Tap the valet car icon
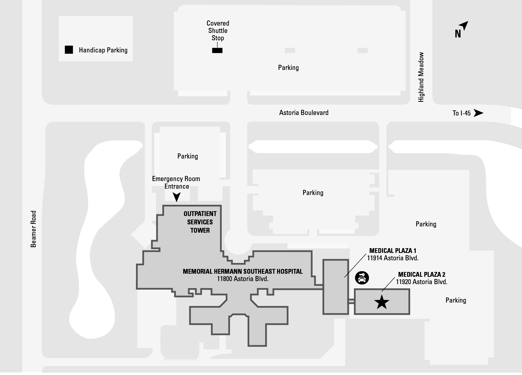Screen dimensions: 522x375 coord(362,278)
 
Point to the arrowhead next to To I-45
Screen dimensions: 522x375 coord(478,113)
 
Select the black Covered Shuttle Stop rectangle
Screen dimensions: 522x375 coord(217,51)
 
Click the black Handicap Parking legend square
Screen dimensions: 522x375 coord(69,50)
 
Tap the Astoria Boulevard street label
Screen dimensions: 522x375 coord(304,113)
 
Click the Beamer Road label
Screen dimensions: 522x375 coord(33,229)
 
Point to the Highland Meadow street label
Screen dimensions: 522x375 coord(421,77)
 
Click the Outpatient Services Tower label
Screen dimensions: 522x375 coord(200,222)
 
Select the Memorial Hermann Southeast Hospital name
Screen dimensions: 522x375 coord(243,271)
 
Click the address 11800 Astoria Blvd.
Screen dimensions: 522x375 coord(243,279)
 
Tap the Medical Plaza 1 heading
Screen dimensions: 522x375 coord(393,251)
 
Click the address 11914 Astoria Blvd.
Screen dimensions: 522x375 coord(393,258)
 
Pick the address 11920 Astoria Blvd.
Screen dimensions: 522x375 coord(422,282)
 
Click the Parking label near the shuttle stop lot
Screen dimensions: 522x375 coord(288,68)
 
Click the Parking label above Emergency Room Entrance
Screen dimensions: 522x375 coord(187,156)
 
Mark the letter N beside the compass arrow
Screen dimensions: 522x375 coord(458,34)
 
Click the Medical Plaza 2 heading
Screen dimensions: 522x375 coord(422,274)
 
